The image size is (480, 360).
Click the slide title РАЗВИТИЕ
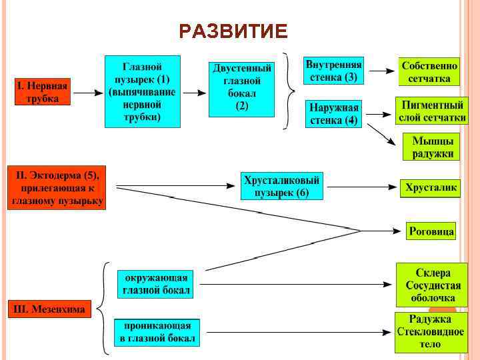point(233,31)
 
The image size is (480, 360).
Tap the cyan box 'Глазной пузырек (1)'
point(142,91)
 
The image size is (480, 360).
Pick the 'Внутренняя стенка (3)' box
point(333,71)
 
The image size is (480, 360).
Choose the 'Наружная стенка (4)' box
point(334,114)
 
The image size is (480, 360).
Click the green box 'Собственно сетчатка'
point(430,72)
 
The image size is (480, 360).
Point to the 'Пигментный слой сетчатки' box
point(432,112)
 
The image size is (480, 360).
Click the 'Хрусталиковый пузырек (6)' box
point(282,186)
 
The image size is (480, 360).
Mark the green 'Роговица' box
point(431,231)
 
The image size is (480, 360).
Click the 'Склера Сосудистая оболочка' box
point(431,285)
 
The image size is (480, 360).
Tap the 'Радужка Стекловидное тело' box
point(429,331)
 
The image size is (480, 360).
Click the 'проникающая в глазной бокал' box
point(156,332)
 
